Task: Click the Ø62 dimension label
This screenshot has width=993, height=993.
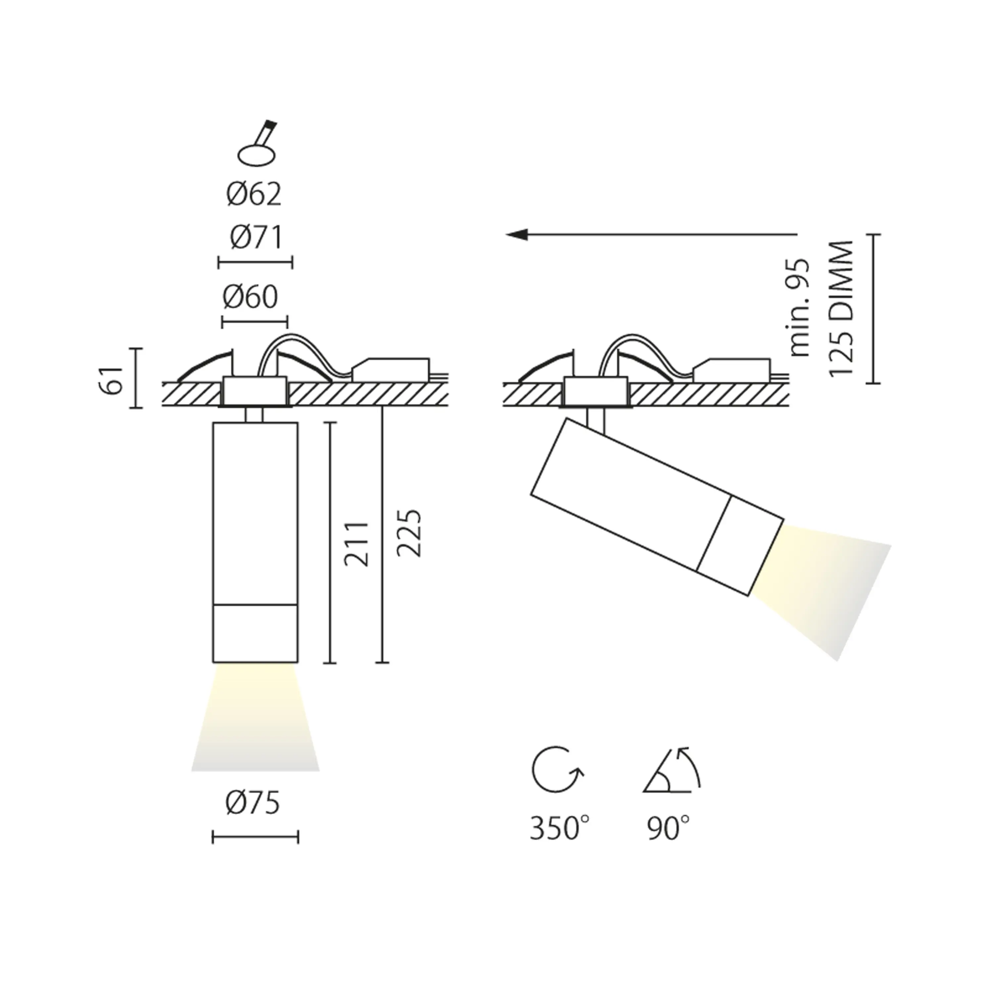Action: click(x=254, y=195)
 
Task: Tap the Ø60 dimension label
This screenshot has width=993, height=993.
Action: click(x=250, y=297)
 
